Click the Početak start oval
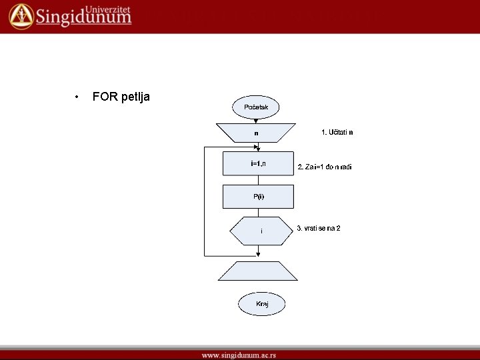[x=256, y=107]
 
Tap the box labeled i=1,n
[x=258, y=163]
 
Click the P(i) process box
[x=258, y=197]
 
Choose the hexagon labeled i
[x=261, y=231]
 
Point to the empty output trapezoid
[x=258, y=271]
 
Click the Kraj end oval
[x=262, y=304]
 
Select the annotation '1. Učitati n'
[x=337, y=132]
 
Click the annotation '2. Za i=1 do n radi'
[x=325, y=167]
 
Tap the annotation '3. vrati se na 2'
[x=319, y=228]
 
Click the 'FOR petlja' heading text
[x=121, y=97]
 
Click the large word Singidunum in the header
[x=83, y=18]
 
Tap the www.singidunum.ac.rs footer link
[x=239, y=355]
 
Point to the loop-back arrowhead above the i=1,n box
[x=255, y=146]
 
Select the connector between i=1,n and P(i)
[x=258, y=180]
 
